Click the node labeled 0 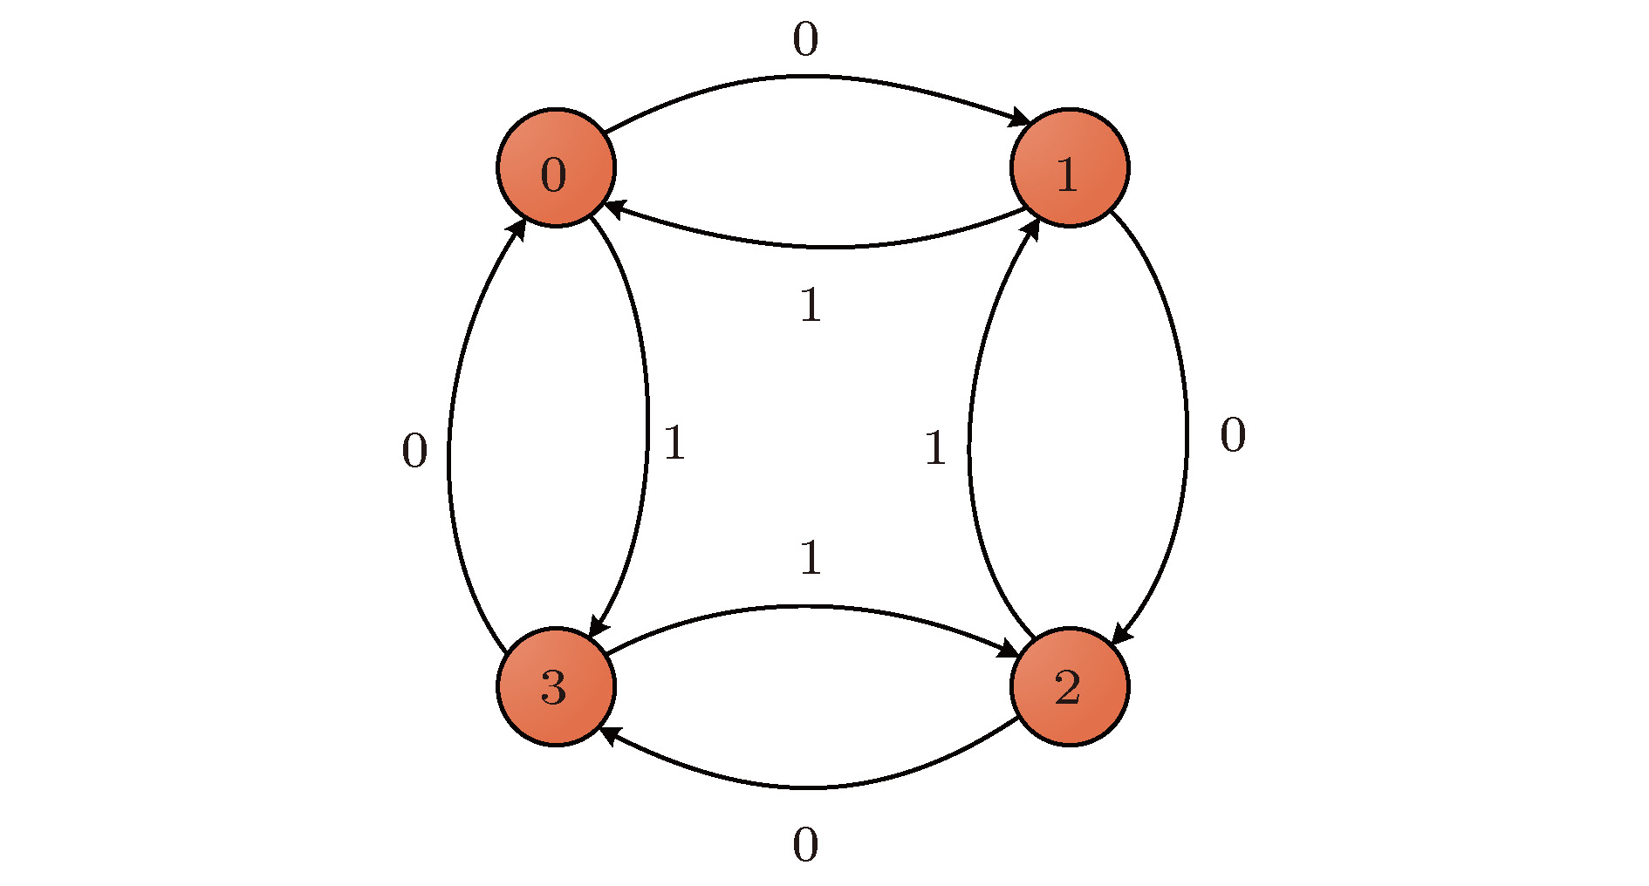(x=556, y=167)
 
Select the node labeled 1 (x=1070, y=167)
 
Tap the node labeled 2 (x=1070, y=686)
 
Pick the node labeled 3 (x=556, y=686)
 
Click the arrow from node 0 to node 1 (x=811, y=78)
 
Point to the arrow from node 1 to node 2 (x=1187, y=427)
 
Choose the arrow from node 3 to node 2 (x=807, y=607)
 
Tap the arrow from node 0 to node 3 (x=647, y=427)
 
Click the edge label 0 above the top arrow (x=805, y=40)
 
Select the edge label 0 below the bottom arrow (x=805, y=845)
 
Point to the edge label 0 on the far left (x=414, y=452)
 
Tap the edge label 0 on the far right (x=1233, y=435)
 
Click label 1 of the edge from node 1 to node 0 (x=811, y=305)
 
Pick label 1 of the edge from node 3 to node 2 (x=811, y=557)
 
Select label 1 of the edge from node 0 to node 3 (x=674, y=443)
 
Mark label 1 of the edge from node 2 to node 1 (x=935, y=448)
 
